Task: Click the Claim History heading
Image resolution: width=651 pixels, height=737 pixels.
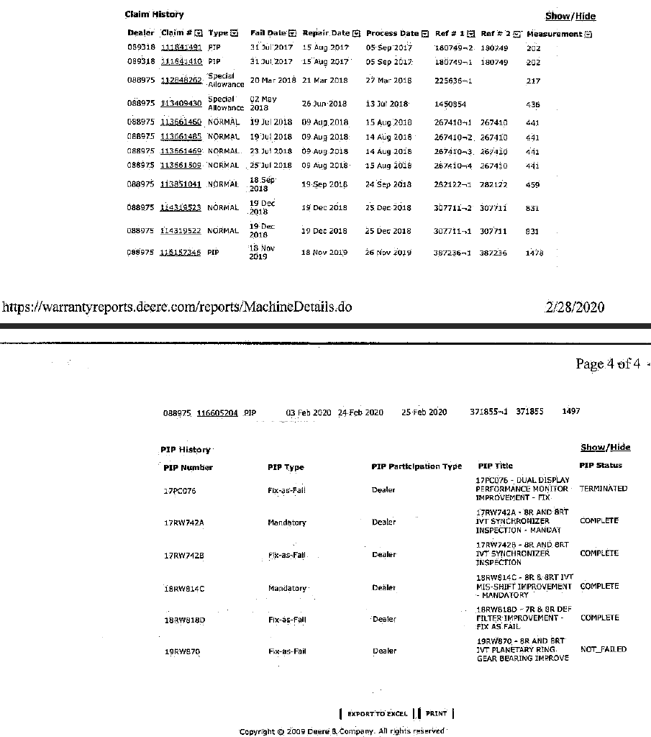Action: tap(154, 14)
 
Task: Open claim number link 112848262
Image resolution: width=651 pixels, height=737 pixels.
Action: tap(181, 80)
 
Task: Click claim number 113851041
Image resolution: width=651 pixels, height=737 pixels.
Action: tap(181, 184)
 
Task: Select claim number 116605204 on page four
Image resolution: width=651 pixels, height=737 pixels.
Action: tap(217, 413)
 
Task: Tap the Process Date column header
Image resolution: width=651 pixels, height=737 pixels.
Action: tap(393, 33)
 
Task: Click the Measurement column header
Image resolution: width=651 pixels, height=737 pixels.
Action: tap(555, 34)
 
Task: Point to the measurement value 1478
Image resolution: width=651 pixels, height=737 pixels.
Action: tap(534, 253)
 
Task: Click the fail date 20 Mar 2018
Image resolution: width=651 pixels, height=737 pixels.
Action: tap(273, 81)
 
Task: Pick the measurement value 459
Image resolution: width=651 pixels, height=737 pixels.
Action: tap(532, 185)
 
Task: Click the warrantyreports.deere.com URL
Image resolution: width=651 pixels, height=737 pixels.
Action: tap(177, 307)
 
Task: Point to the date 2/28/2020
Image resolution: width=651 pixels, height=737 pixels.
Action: tap(575, 307)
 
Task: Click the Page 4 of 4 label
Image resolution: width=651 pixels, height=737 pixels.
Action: tap(608, 363)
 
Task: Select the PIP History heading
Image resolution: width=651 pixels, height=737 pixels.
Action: tap(186, 450)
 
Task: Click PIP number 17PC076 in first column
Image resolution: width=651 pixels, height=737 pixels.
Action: tap(180, 491)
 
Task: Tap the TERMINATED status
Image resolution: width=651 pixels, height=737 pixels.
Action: tap(603, 489)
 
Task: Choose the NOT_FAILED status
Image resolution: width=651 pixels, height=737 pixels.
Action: tap(603, 649)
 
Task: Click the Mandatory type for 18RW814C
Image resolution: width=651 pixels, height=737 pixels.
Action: tap(287, 588)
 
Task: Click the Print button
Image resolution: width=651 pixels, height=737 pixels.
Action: tap(436, 714)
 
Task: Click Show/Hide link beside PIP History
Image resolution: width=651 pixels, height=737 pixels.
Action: tap(605, 447)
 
